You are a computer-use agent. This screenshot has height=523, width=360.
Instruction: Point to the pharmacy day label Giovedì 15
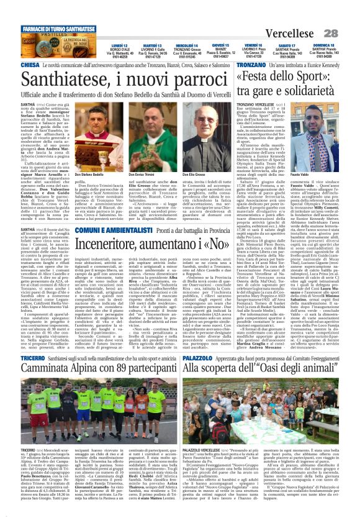tap(220, 46)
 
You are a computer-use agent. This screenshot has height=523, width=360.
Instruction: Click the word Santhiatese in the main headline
tap(67, 79)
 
